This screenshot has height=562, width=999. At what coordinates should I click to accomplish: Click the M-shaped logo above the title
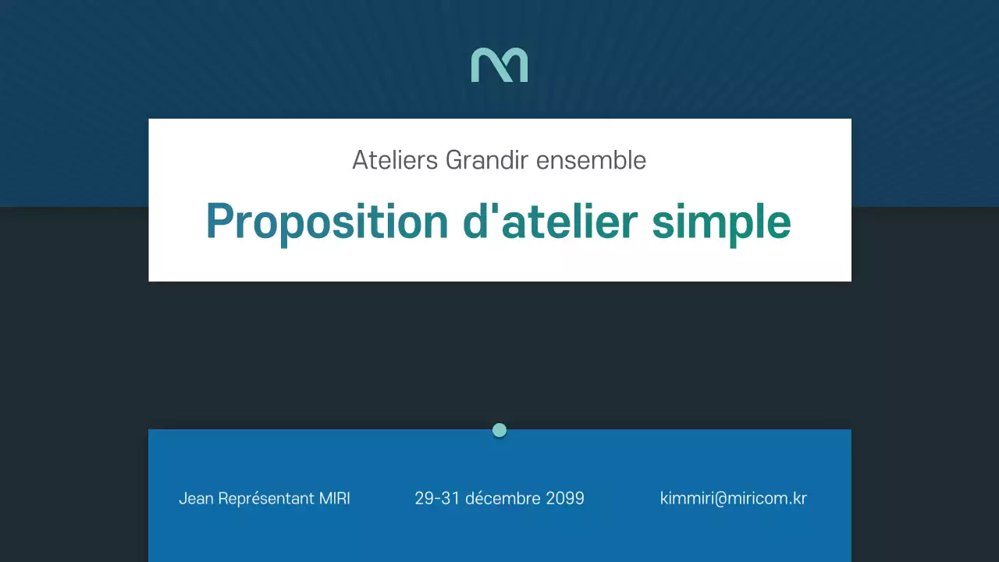pos(499,65)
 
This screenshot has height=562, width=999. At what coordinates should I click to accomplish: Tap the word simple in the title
pos(721,222)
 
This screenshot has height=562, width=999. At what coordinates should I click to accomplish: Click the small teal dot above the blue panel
pos(499,430)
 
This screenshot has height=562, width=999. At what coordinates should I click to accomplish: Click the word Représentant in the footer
pos(265,499)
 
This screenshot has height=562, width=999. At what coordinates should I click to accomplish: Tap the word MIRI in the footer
pos(335,499)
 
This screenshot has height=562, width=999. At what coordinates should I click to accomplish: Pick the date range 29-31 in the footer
pos(437,499)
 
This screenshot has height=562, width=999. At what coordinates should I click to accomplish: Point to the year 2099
pos(565,499)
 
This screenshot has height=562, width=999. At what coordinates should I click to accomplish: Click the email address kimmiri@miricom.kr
pos(734,499)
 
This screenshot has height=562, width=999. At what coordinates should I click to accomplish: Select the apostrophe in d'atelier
pos(494,211)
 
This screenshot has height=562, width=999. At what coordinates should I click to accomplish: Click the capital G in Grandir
pos(454,160)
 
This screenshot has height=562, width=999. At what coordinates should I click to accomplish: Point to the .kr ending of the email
pos(797,499)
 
